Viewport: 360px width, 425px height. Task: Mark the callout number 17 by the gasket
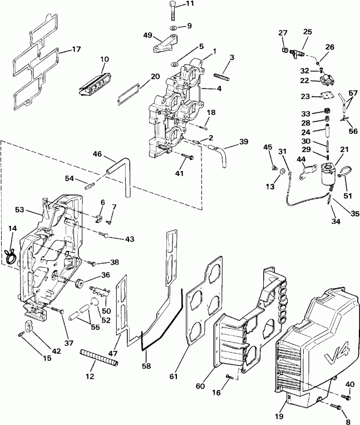pos(76,50)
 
